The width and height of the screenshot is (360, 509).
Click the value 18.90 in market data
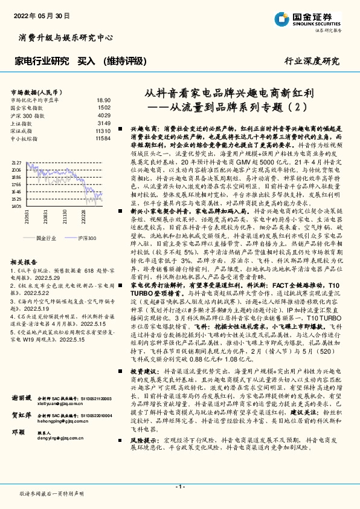(103, 100)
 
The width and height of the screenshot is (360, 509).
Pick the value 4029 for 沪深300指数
(104, 115)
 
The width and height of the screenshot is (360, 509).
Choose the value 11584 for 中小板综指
(103, 138)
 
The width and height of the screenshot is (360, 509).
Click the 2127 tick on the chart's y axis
(16, 163)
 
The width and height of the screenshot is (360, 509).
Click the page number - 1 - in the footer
(179, 487)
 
